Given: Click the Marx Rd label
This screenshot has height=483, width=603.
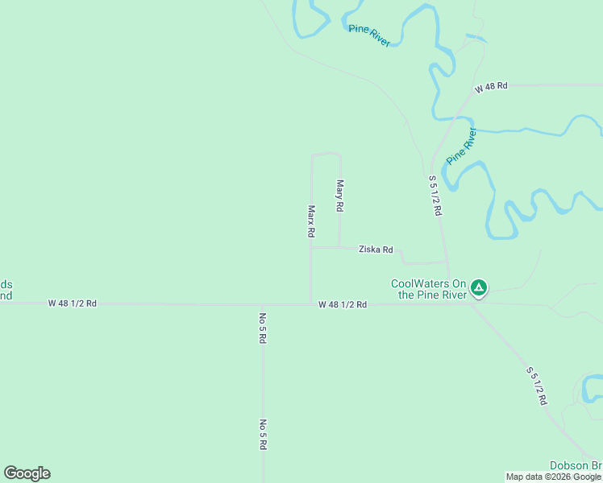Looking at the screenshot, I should tap(310, 221).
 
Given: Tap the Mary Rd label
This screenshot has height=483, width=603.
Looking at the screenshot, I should tap(340, 196).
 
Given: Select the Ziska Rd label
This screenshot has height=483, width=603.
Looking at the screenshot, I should tap(376, 250).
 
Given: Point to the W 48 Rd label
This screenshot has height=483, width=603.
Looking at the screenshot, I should tap(491, 86).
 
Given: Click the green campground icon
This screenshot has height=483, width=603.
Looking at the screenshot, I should tap(479, 287).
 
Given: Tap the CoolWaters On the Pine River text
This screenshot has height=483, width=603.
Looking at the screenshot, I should tap(429, 289).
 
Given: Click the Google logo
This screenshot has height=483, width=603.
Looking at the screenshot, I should tap(27, 473).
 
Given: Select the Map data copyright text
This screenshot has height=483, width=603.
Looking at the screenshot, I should tap(553, 477).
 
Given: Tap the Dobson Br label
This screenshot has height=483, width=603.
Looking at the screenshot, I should tap(576, 465).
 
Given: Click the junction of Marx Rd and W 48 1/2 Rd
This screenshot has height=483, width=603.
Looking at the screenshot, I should tap(311, 304).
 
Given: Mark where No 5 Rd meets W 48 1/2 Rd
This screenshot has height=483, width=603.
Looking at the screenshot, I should tap(263, 304).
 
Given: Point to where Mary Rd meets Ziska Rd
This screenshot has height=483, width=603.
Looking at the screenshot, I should tap(339, 248).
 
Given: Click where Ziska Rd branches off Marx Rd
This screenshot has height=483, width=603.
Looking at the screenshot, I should tap(311, 248).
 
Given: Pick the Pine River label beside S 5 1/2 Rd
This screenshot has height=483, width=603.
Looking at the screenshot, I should tap(461, 145).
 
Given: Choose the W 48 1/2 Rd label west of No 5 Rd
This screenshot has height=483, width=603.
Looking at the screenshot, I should tap(73, 303).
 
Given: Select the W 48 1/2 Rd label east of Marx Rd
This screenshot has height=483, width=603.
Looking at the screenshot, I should tap(343, 304).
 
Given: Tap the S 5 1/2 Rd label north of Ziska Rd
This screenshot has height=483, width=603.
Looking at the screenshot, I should tap(435, 195).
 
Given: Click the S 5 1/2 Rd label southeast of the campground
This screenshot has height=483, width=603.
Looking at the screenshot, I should tap(538, 386).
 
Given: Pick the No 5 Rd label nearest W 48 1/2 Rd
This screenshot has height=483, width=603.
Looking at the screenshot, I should tap(263, 328).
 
